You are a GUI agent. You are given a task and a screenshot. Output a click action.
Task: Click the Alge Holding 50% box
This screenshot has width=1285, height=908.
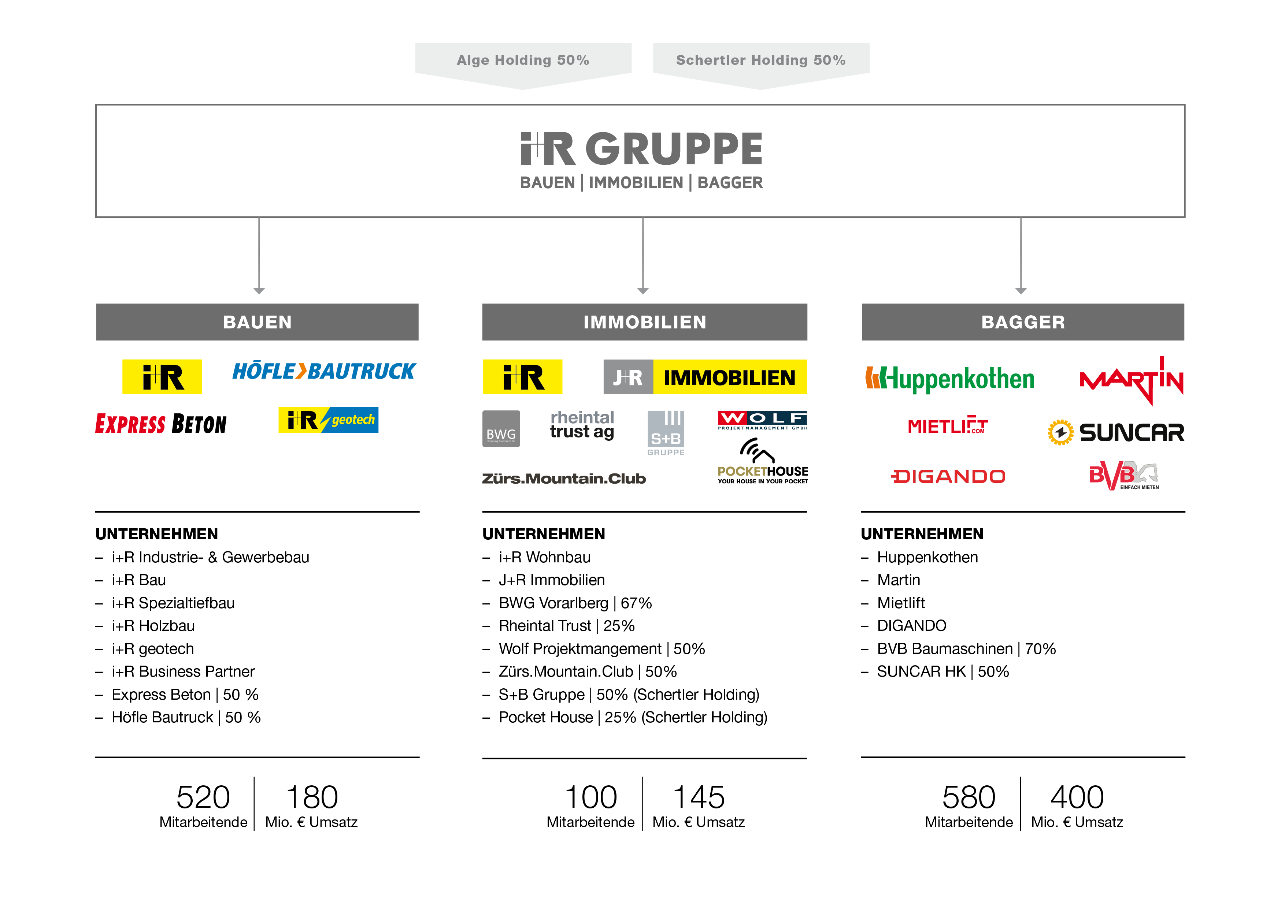click(523, 60)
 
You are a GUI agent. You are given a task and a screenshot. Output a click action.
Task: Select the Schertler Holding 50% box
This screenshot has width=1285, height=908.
click(760, 60)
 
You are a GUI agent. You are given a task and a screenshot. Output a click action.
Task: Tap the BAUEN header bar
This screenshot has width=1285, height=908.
click(257, 322)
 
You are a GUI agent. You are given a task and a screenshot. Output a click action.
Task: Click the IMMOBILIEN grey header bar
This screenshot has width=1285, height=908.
click(644, 322)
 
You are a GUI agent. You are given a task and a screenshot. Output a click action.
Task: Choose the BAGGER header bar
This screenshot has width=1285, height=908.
click(1022, 322)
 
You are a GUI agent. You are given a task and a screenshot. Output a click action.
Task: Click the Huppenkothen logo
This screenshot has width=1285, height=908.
click(950, 379)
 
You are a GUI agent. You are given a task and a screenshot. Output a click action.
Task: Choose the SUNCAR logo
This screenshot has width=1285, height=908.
click(1116, 432)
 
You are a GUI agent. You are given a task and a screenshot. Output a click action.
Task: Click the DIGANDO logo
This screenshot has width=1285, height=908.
click(948, 477)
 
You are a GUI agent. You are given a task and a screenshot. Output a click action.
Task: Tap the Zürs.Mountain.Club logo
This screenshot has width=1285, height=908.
click(564, 479)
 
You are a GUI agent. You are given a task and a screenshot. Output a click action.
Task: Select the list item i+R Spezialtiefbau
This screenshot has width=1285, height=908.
click(173, 603)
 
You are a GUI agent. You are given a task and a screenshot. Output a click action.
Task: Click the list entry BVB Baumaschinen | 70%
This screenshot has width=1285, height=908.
click(966, 649)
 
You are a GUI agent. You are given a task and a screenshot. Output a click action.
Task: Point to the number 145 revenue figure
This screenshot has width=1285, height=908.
click(699, 797)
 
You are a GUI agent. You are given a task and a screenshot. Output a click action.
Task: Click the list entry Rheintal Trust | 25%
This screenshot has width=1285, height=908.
click(566, 626)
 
